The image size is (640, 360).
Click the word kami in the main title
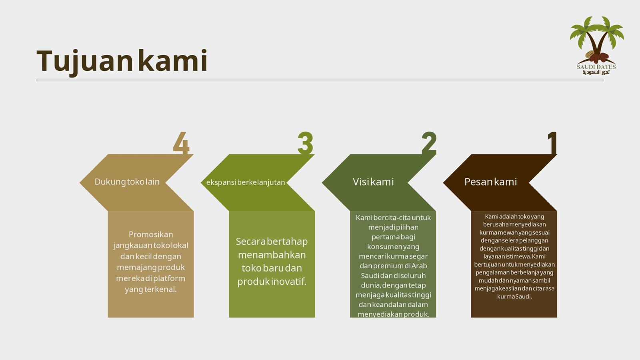(172, 60)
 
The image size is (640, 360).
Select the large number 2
(429, 142)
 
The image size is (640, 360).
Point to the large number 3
(305, 142)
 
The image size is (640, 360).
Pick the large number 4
(181, 143)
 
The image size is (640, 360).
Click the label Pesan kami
(490, 182)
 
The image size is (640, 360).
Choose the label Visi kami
(373, 182)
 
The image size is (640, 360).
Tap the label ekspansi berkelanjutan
(246, 182)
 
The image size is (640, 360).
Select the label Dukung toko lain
(127, 182)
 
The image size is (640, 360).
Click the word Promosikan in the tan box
(151, 234)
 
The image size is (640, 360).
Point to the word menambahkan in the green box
(272, 254)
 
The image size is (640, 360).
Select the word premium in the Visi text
(388, 266)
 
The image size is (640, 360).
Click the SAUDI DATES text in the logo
(596, 67)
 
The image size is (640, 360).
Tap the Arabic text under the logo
(596, 72)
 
